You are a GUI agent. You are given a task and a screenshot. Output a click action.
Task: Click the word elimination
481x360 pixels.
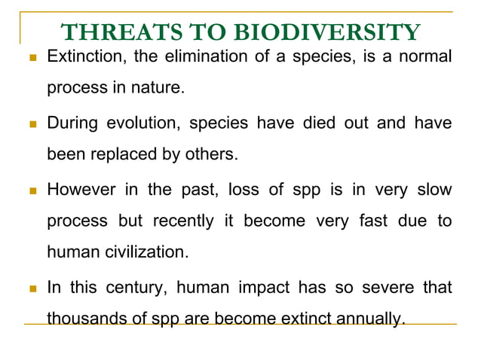tap(181, 56)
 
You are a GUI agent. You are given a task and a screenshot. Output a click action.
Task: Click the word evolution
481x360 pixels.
tap(146, 124)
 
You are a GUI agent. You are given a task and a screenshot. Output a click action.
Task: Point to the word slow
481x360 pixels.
tap(434, 190)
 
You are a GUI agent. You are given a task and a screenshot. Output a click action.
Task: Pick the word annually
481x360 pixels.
tap(369, 319)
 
